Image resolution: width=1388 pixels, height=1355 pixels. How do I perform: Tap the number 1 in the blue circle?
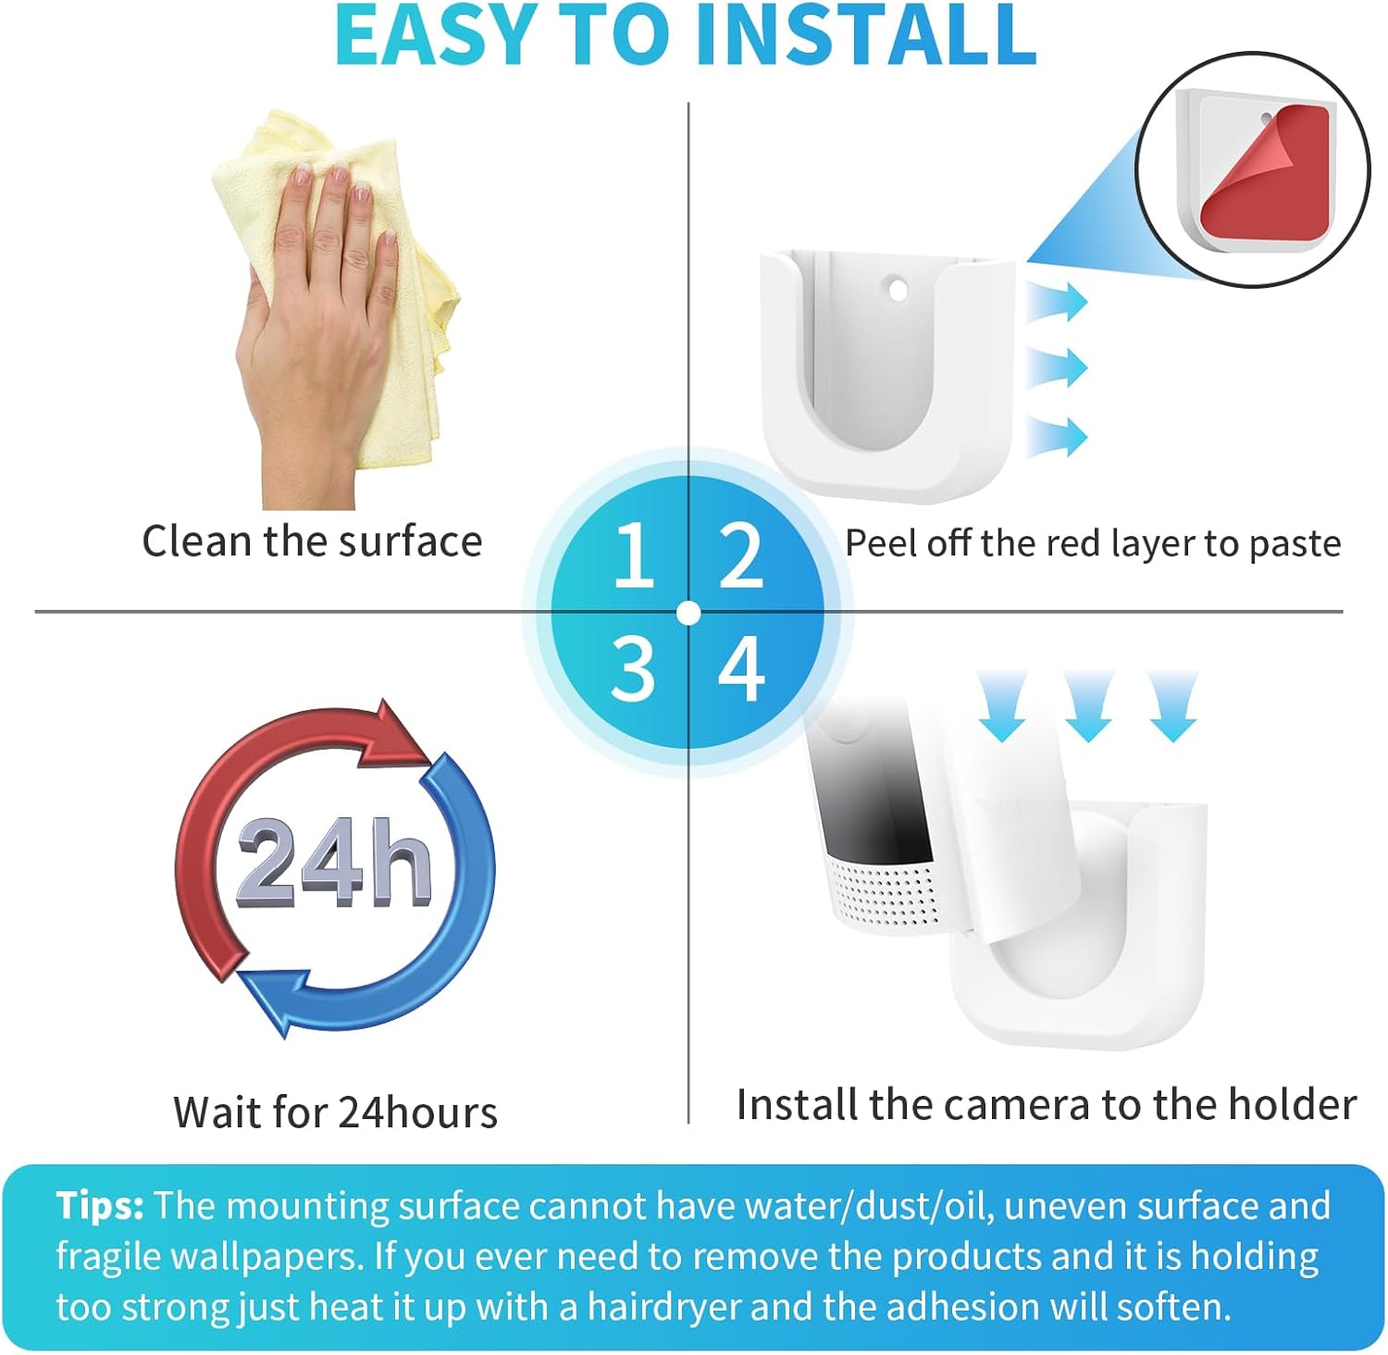pyautogui.click(x=634, y=554)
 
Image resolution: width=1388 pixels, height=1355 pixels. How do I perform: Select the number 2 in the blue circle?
pyautogui.click(x=741, y=555)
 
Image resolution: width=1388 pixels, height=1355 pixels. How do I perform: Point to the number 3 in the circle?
pyautogui.click(x=633, y=667)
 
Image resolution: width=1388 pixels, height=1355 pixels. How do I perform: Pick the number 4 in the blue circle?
pyautogui.click(x=741, y=667)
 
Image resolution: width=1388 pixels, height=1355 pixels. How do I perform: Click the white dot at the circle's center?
pyautogui.click(x=688, y=613)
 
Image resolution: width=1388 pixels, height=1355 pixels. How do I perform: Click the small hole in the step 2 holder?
pyautogui.click(x=897, y=290)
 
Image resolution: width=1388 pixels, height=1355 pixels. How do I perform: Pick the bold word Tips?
pyautogui.click(x=100, y=1207)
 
